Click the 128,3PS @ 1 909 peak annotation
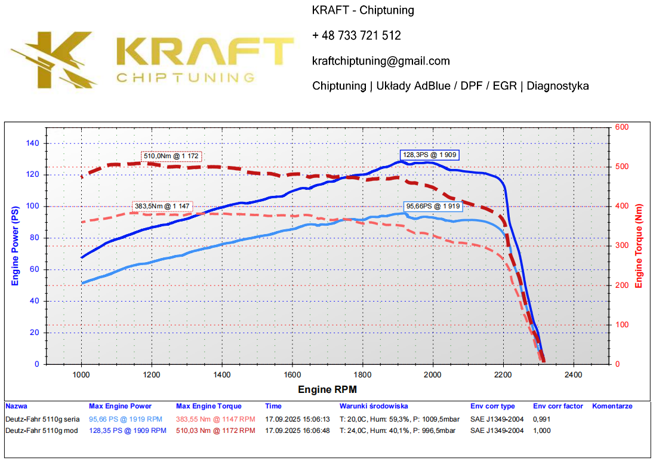pos(430,155)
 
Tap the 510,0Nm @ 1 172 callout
pos(173,156)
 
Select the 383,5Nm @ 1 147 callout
pos(162,206)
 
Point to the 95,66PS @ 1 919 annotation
pos(433,206)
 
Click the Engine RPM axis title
pos(328,389)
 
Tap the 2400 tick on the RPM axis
pos(574,375)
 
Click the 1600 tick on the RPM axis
pos(292,375)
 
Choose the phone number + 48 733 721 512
pos(356,36)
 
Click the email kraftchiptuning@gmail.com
pos(381,61)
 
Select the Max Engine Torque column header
pos(209,406)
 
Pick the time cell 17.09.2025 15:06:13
pos(297,419)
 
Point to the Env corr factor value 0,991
pos(542,419)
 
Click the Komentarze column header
pos(612,406)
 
